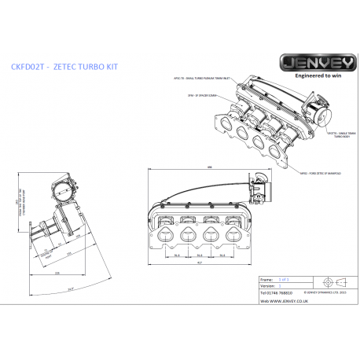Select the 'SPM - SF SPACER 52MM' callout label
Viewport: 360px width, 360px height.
pos(200,95)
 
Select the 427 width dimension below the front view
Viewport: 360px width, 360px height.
pos(200,263)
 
